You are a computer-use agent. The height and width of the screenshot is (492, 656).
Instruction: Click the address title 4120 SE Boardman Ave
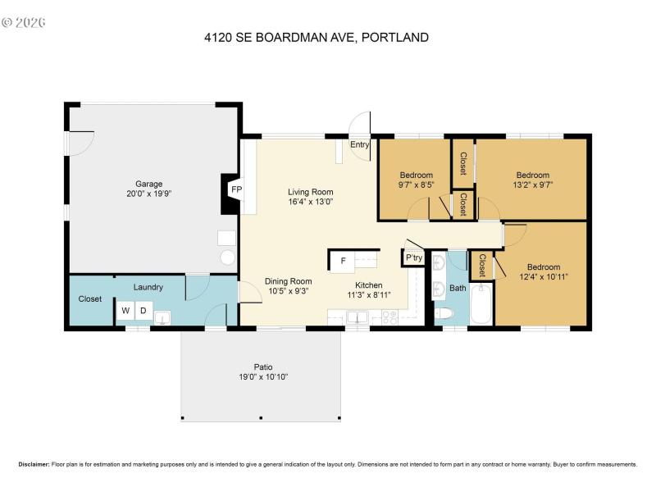(316, 37)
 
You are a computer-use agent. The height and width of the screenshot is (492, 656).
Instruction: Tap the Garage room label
(148, 184)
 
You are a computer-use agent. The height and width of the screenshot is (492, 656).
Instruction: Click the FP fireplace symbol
(236, 189)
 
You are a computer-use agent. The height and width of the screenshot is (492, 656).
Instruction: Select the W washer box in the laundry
(125, 311)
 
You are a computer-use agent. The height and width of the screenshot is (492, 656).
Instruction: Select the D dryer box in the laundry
(143, 311)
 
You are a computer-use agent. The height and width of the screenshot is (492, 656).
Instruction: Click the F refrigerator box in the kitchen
(342, 262)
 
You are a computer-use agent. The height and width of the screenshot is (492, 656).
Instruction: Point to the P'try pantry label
(413, 257)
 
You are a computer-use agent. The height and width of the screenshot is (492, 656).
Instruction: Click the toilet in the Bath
(444, 313)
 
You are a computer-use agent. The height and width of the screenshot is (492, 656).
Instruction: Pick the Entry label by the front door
(359, 145)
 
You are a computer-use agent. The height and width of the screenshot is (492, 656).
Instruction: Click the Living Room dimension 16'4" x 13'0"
(310, 202)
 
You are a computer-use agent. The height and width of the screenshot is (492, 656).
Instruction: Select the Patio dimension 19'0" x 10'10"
(261, 377)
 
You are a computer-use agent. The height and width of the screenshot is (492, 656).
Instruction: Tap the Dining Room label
(288, 281)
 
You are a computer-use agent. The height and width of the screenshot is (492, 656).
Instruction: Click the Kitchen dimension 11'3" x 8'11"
(369, 295)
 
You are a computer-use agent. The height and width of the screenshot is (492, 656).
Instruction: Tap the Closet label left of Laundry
(90, 298)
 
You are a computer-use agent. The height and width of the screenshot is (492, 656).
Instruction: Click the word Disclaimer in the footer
(34, 464)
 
